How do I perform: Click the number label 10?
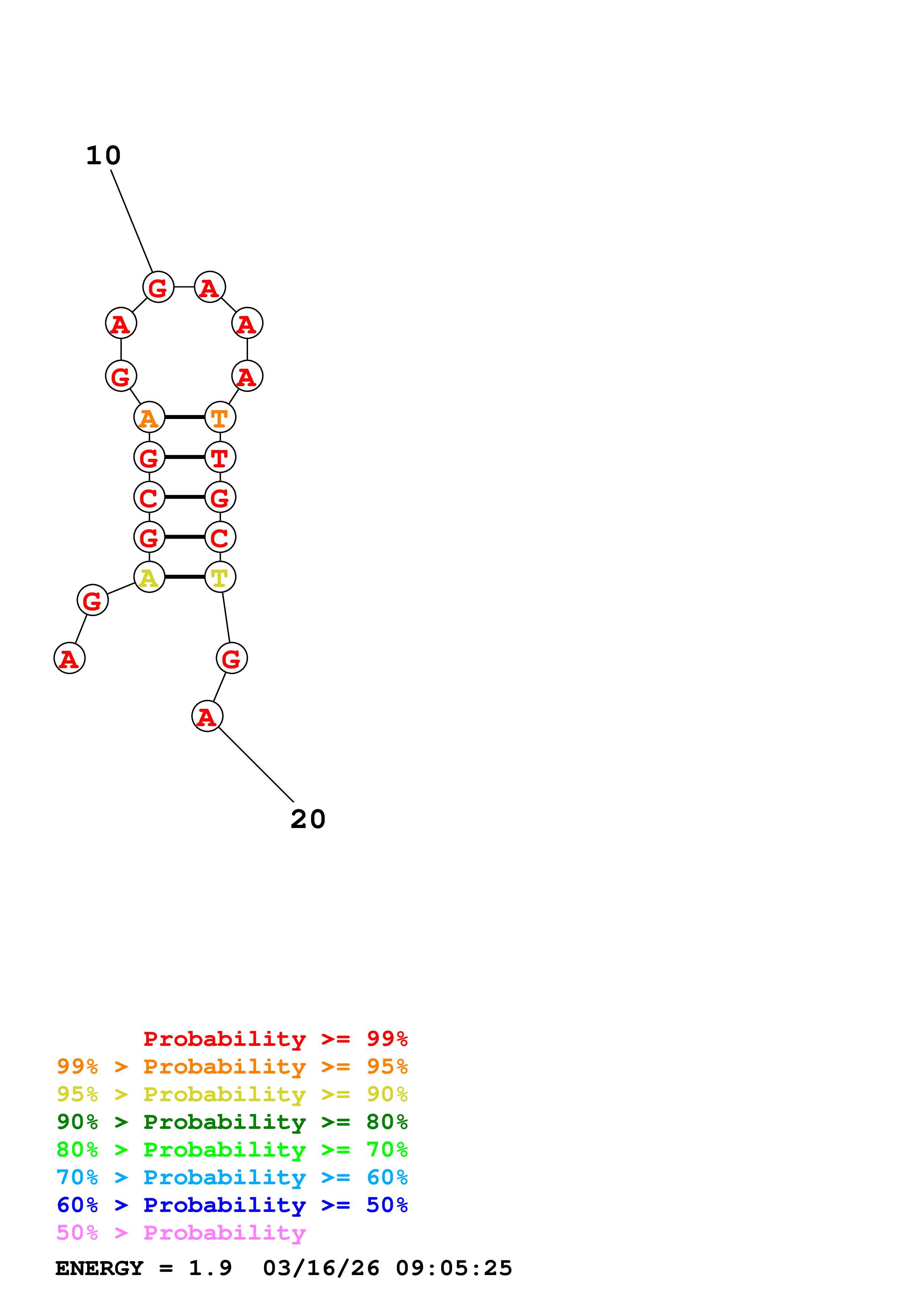(x=103, y=156)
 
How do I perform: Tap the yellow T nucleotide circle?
(x=220, y=577)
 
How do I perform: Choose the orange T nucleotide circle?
(x=220, y=418)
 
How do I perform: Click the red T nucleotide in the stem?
(x=220, y=457)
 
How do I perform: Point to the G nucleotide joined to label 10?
(x=158, y=287)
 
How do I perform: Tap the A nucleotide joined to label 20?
(x=207, y=716)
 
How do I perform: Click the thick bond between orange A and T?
(x=184, y=418)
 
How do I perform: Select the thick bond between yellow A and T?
(x=184, y=577)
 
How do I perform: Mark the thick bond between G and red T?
(x=184, y=457)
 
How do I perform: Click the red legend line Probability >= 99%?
(x=275, y=1039)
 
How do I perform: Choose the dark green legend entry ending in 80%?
(x=232, y=1122)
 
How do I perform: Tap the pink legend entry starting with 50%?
(x=181, y=1233)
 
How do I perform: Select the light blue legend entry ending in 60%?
(x=232, y=1178)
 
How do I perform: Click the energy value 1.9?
(x=210, y=1268)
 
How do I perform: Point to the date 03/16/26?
(x=321, y=1268)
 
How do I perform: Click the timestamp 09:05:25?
(x=454, y=1268)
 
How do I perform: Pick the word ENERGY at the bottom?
(x=99, y=1268)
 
